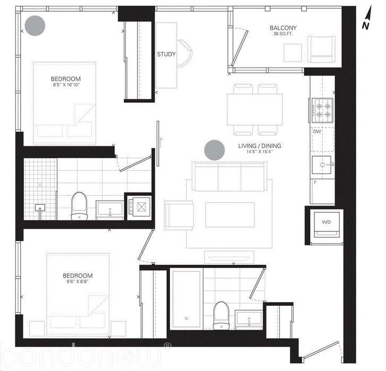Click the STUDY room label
tap(166, 54)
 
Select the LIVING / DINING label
tap(260, 146)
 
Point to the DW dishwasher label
tap(317, 131)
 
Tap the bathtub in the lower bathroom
tap(186, 300)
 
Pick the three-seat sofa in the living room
tap(229, 177)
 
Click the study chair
tap(183, 53)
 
